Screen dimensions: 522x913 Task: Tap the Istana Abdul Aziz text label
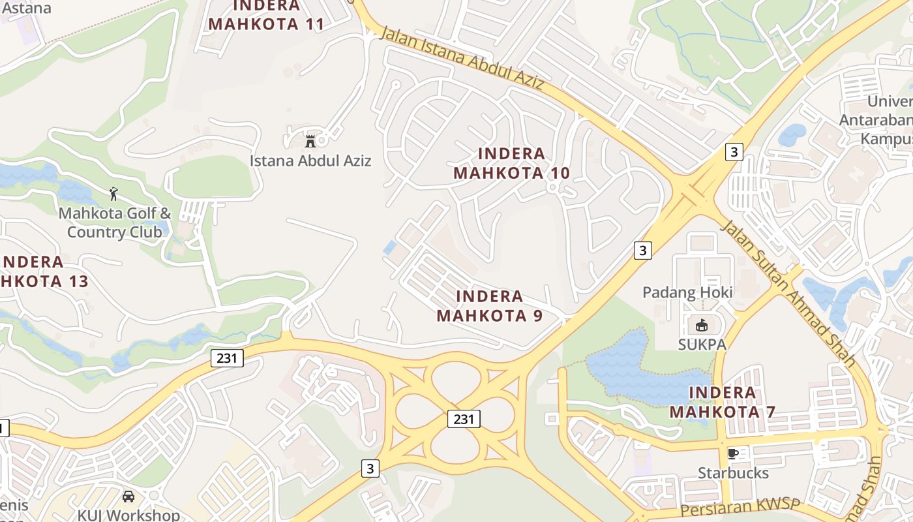coord(310,161)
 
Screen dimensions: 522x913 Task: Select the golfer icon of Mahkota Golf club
coord(114,194)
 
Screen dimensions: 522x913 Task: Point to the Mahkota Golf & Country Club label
coord(115,223)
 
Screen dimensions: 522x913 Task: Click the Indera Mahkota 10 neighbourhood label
coord(512,163)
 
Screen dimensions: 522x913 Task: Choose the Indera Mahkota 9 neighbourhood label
coord(490,306)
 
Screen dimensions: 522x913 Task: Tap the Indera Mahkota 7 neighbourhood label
coord(723,402)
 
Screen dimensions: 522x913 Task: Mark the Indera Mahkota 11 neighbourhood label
coord(266,15)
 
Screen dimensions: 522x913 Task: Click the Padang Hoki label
coord(687,292)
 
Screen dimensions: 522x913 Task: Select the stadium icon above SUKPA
coord(702,325)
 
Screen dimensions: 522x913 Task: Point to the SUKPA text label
coord(702,345)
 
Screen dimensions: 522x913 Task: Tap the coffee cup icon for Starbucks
coord(732,453)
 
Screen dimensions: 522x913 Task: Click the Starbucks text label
coord(734,473)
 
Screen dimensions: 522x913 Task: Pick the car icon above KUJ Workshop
coord(128,497)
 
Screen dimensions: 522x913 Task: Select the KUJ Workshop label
coord(128,515)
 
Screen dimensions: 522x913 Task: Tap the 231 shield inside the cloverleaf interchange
coord(464,419)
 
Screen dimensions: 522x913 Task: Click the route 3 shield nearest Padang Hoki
coord(643,250)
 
